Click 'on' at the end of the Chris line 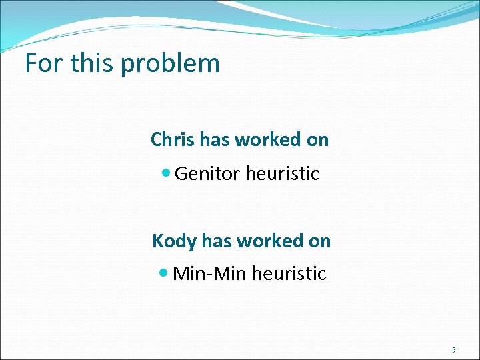tap(317, 140)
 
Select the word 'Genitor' tap(207, 174)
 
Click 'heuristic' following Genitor tap(282, 174)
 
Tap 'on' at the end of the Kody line tap(319, 241)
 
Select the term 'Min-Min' tap(208, 273)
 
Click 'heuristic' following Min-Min tap(289, 273)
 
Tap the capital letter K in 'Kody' tap(157, 241)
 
